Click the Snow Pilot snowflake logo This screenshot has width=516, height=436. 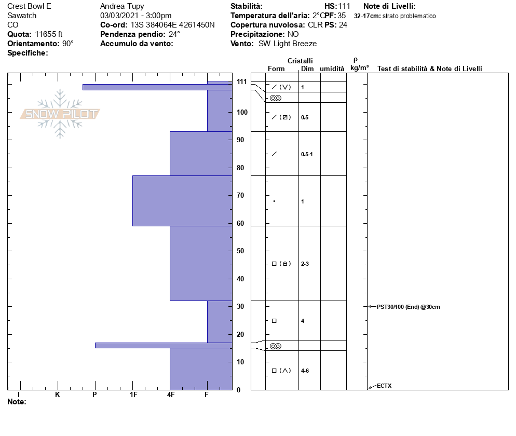[60, 114]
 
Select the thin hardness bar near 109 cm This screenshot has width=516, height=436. [157, 87]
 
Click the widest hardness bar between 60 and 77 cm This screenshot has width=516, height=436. [182, 201]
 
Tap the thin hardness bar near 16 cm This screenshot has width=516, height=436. [164, 346]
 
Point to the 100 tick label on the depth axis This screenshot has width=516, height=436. [242, 112]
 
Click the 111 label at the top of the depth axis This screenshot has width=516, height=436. [242, 81]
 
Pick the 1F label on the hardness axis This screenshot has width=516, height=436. [133, 394]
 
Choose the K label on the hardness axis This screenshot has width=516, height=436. [58, 394]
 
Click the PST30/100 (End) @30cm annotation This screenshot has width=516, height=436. [409, 307]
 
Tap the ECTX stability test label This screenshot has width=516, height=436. [384, 386]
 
